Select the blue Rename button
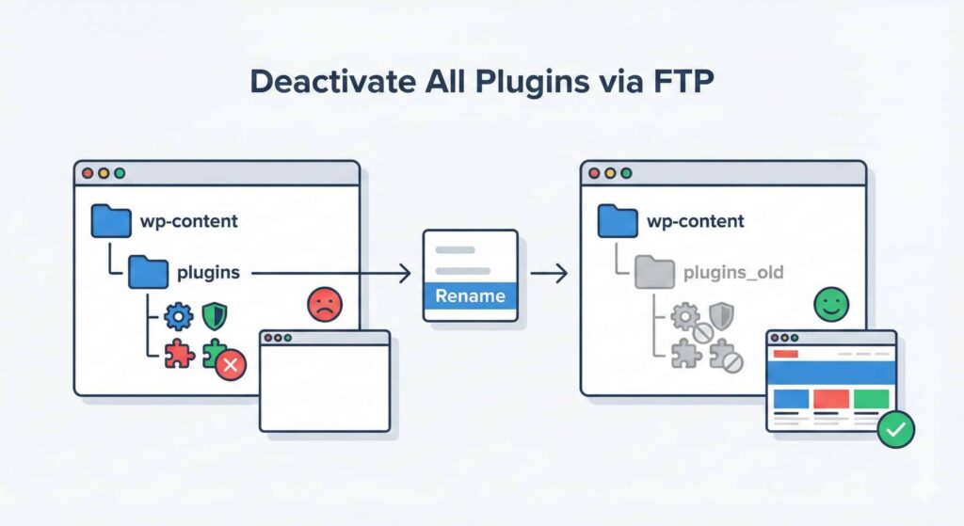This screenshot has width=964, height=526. point(470,296)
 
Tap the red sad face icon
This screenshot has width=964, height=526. point(325,305)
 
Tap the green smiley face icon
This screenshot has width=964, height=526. point(831,305)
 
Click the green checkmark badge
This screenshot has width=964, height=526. point(894,430)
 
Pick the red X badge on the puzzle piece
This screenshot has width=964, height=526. point(231,365)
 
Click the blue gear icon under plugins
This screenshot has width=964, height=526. point(177,315)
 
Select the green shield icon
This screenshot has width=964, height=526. point(214,315)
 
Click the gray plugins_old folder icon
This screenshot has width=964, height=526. point(654,272)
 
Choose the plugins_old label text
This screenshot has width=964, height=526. point(732,273)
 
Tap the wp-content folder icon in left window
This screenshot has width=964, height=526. point(110,221)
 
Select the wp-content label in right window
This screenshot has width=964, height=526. point(695,222)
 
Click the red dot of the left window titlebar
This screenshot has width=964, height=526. point(88,174)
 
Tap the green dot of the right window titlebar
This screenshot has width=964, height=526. point(625,174)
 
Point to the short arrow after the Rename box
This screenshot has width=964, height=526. point(549,274)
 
